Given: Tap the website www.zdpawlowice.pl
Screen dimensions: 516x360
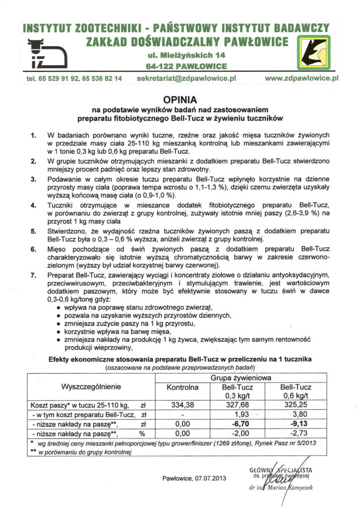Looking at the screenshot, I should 301,79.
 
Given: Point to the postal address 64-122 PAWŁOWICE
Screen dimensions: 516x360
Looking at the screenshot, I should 179,66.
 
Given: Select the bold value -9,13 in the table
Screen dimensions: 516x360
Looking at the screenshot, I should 296,424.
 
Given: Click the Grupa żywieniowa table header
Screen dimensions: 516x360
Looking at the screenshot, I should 239,377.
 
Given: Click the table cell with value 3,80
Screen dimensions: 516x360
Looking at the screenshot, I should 296,414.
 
